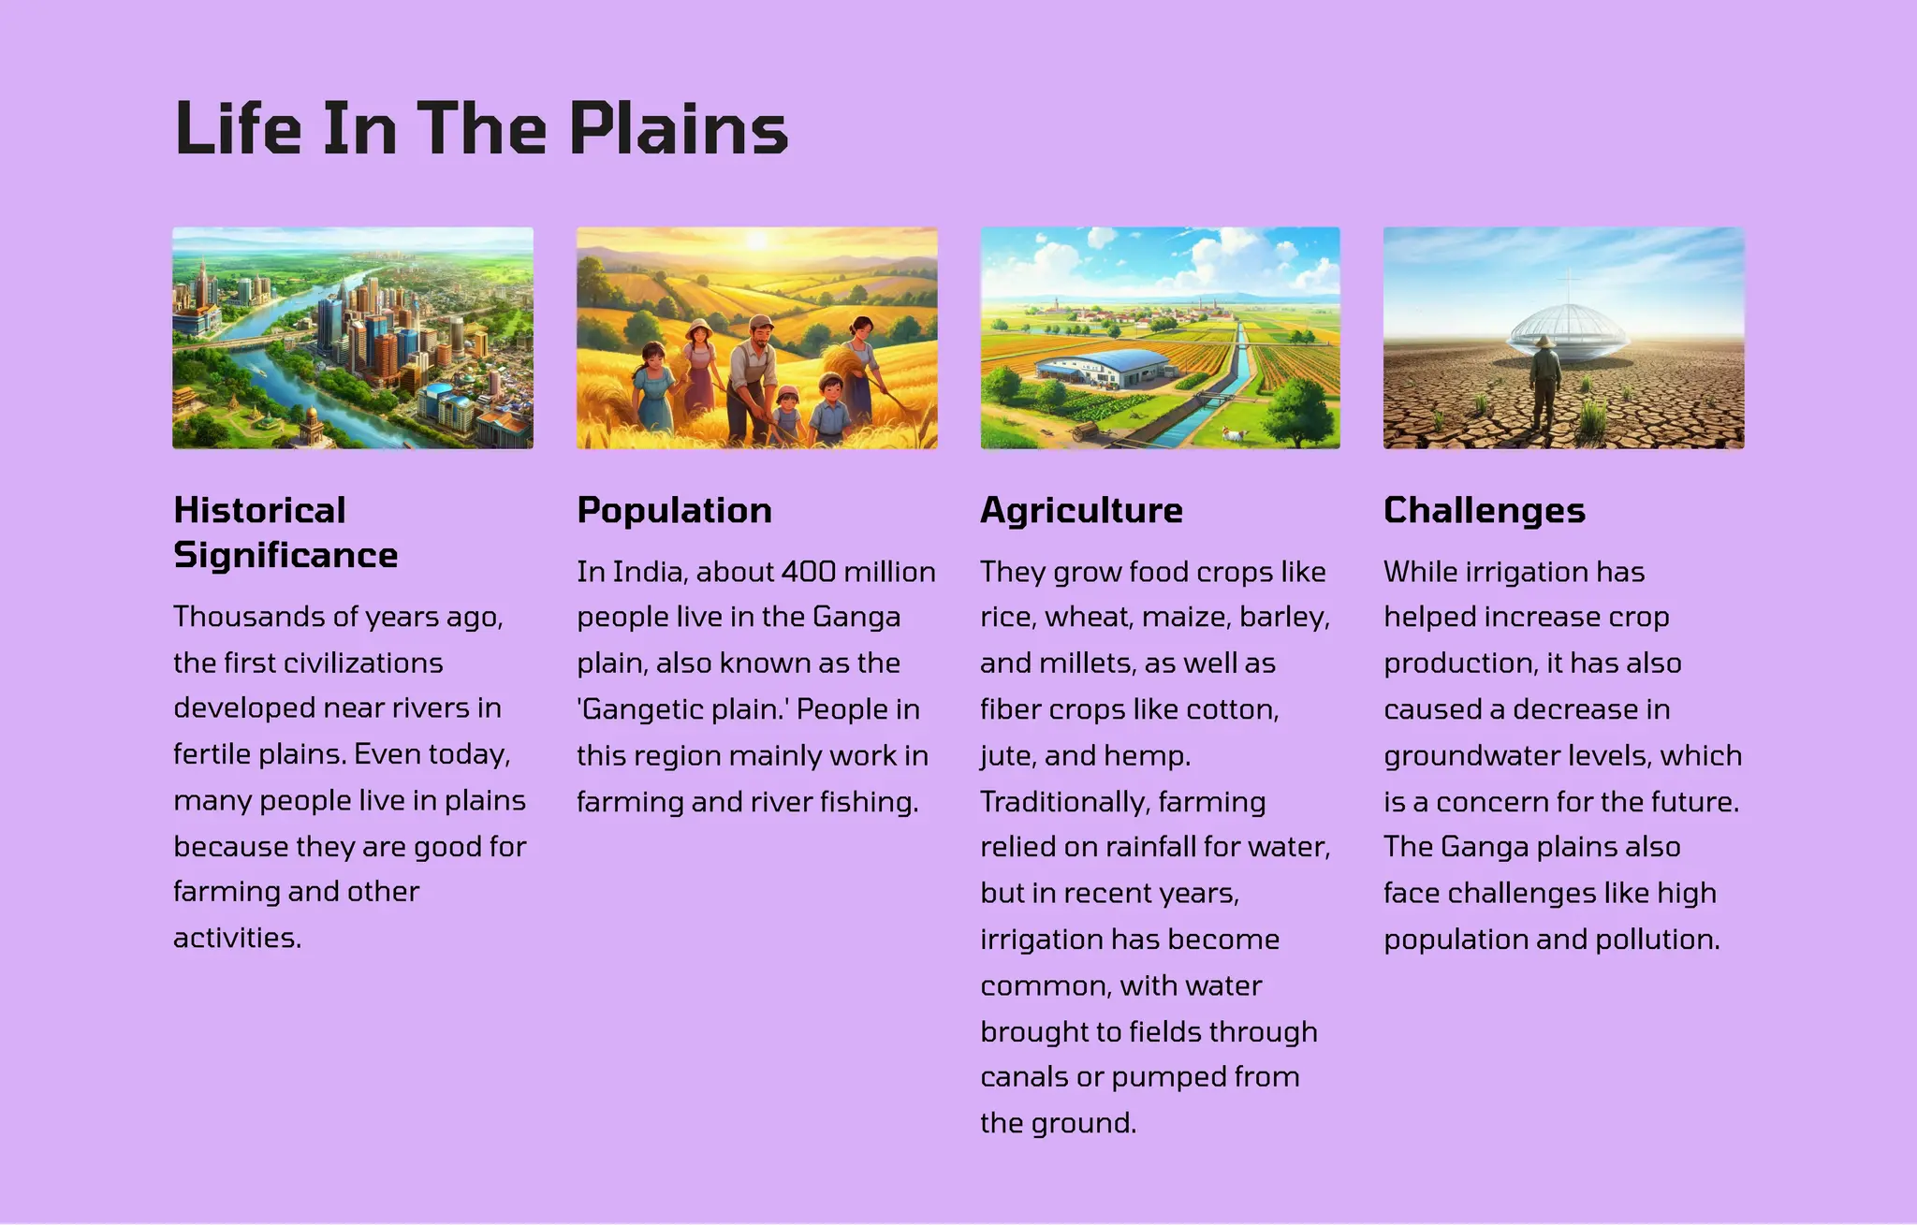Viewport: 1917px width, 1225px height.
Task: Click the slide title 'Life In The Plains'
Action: point(481,128)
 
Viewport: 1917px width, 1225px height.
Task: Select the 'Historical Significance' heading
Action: point(285,532)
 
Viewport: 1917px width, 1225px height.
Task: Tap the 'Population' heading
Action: point(674,510)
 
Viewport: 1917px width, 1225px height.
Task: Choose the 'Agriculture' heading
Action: point(1081,510)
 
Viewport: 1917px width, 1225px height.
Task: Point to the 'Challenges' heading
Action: point(1484,510)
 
